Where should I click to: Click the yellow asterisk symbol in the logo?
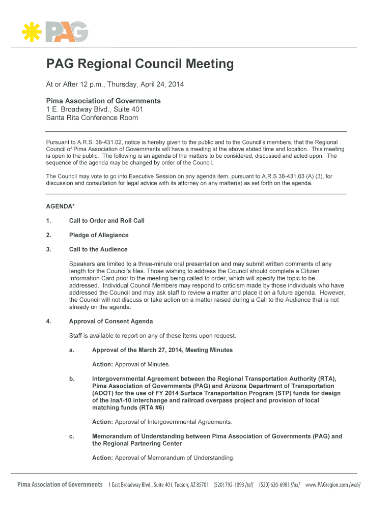[x=32, y=32]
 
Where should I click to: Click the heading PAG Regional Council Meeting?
[x=140, y=64]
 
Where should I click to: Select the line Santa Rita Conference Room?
[x=92, y=118]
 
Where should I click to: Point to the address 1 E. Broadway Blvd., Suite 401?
[x=95, y=109]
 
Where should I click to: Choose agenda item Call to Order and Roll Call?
[x=107, y=221]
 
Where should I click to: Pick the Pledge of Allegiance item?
[x=99, y=235]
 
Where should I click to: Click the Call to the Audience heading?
[x=98, y=249]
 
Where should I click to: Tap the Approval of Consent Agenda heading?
[x=111, y=322]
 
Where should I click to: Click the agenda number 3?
[x=48, y=249]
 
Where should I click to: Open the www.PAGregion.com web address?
[x=327, y=485]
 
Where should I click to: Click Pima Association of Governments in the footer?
[x=60, y=484]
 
